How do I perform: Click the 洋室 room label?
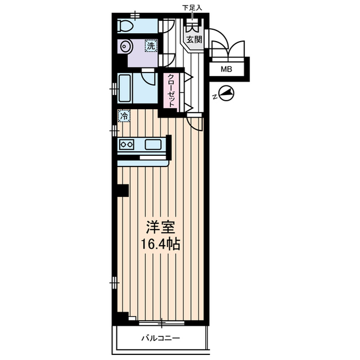click(x=161, y=227)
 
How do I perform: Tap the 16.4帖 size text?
click(x=160, y=244)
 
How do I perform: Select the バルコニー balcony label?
click(x=160, y=338)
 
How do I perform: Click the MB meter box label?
click(x=226, y=69)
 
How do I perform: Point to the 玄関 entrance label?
click(x=194, y=39)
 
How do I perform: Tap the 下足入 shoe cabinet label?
click(x=192, y=8)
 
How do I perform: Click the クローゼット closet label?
click(x=171, y=91)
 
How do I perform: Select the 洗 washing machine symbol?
click(x=151, y=46)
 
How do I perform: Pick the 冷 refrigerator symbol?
click(x=124, y=116)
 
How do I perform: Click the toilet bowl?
click(x=125, y=26)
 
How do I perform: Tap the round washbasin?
click(x=125, y=46)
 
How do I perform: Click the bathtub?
click(x=124, y=88)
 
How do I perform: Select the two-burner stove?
click(x=127, y=145)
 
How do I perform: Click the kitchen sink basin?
click(x=153, y=145)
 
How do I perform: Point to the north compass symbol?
click(x=227, y=93)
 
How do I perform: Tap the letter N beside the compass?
click(x=215, y=97)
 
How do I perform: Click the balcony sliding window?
click(x=162, y=323)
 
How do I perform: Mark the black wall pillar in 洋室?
click(x=123, y=191)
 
